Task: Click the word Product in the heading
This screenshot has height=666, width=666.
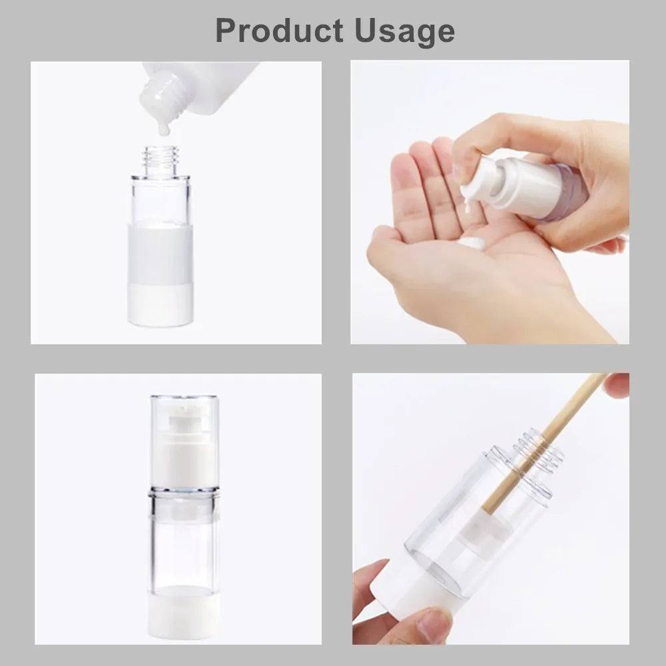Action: click(x=279, y=31)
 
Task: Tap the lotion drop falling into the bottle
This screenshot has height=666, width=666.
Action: click(x=164, y=127)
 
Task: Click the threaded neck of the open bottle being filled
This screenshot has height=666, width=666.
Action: click(x=161, y=161)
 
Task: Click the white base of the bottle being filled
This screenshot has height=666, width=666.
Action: click(x=161, y=305)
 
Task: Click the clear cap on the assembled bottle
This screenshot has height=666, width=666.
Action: click(x=184, y=442)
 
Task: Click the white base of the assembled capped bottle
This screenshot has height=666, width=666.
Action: click(x=184, y=611)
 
